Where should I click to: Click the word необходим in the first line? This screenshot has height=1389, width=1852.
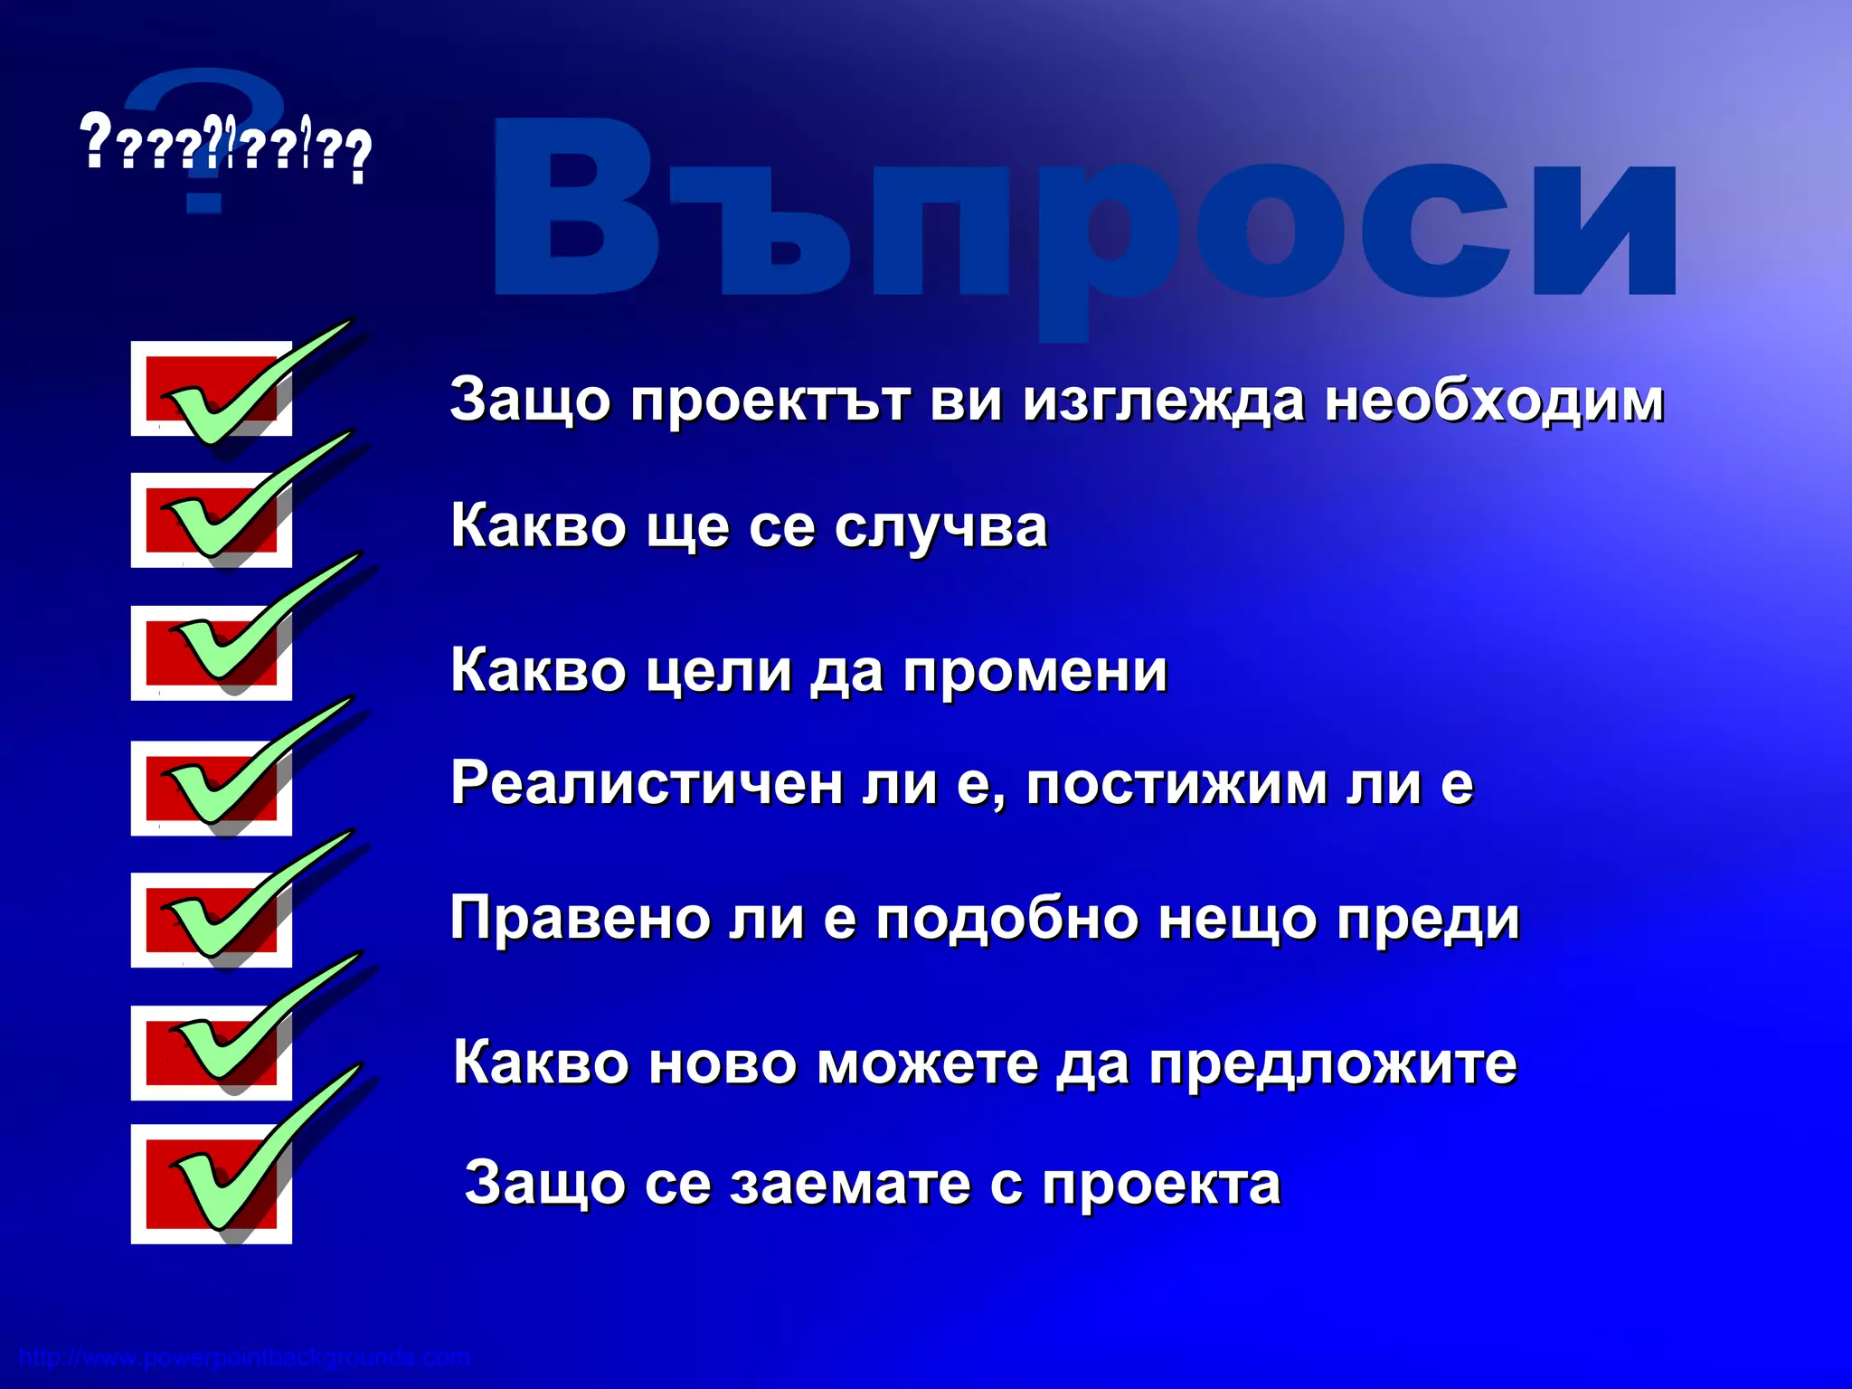[x=1494, y=400]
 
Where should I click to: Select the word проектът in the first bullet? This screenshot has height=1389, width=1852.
[x=770, y=400]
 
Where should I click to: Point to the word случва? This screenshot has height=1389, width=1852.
[x=940, y=526]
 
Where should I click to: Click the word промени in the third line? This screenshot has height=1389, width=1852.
[x=1035, y=671]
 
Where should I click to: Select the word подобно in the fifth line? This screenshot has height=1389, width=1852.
[x=1006, y=919]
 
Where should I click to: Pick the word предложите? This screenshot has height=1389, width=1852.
[x=1333, y=1064]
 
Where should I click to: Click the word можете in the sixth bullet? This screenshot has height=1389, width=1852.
[x=928, y=1063]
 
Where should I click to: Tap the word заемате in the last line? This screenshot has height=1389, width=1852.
[x=850, y=1184]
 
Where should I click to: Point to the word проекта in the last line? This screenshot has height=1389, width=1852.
[x=1161, y=1186]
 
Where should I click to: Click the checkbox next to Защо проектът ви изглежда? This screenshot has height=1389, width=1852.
[x=211, y=389]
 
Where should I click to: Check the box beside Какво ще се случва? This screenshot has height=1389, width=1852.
[x=211, y=520]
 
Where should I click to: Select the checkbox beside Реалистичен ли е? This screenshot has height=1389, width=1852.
[x=211, y=789]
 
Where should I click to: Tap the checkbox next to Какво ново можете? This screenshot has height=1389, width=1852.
[x=211, y=1053]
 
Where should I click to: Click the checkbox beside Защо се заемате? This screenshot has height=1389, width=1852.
[x=211, y=1185]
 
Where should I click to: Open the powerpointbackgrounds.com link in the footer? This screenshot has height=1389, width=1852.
[x=244, y=1358]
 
